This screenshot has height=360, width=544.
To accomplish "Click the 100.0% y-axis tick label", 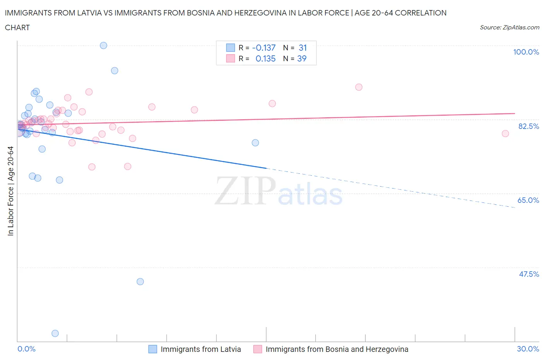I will [526, 52].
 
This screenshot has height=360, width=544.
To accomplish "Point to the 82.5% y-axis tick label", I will [529, 126].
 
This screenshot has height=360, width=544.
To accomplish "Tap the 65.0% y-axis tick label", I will [528, 200].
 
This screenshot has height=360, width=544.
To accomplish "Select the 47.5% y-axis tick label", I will [529, 274].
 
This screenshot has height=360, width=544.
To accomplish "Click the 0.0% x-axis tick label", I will [27, 349].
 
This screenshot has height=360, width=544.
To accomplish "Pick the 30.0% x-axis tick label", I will [528, 349].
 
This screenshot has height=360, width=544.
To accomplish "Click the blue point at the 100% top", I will [103, 45].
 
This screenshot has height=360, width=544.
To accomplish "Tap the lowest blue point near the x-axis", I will [55, 333].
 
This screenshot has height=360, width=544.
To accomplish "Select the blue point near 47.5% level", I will [140, 281].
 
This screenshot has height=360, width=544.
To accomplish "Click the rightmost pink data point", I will [505, 134].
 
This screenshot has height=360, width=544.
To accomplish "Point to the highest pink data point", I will [359, 87].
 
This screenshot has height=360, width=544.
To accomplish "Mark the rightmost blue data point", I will [255, 142].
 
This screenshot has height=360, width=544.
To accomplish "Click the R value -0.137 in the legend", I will [263, 48].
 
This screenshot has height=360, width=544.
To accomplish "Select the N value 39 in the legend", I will [301, 58].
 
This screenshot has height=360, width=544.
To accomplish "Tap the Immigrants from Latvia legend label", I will [200, 349].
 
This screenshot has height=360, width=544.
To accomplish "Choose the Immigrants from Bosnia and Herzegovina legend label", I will [337, 349].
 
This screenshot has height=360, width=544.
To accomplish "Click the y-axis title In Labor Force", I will [10, 190].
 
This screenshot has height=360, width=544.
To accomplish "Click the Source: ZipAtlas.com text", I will [509, 27].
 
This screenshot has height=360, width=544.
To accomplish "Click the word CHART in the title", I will [17, 27].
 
